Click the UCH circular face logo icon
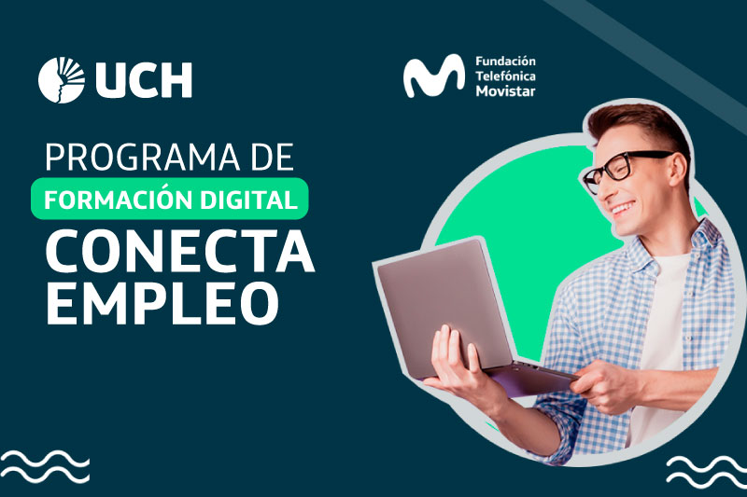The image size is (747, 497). (62, 80)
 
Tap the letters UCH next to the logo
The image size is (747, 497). (144, 80)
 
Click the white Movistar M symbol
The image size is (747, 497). (433, 76)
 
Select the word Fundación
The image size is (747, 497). (505, 62)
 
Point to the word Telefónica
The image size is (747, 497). (505, 76)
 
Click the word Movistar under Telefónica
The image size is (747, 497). (505, 90)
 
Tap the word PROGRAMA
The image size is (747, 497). (143, 158)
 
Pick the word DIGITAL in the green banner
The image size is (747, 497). (249, 200)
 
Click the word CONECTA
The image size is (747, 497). (179, 251)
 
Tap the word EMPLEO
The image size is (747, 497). (162, 303)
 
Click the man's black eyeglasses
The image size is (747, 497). (624, 169)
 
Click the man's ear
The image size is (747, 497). (679, 169)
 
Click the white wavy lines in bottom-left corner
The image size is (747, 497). (44, 466)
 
